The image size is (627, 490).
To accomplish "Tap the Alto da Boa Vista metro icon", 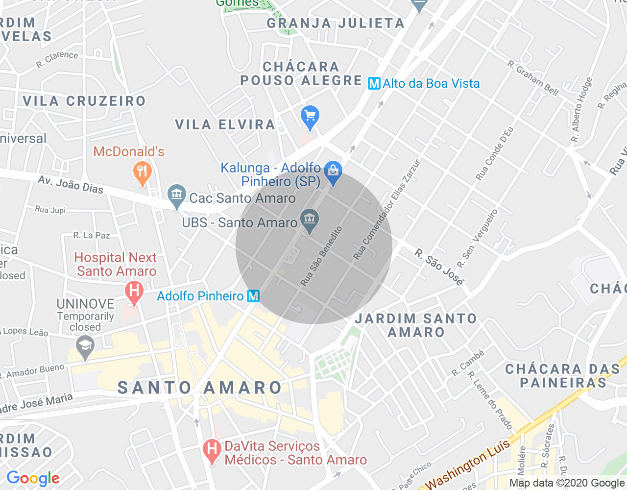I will click(374, 84).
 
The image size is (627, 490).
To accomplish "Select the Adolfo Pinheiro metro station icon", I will click(253, 296).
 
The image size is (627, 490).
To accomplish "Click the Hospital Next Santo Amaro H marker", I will click(134, 291).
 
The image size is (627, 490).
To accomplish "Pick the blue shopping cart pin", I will click(310, 117).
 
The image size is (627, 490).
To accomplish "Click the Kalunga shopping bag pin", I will click(333, 171).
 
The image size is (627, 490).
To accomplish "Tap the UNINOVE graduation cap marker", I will click(85, 346).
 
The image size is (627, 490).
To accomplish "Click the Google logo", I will click(33, 478).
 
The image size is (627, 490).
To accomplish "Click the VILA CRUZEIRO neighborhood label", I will click(84, 101).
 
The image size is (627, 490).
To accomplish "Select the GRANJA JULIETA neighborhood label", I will click(336, 23).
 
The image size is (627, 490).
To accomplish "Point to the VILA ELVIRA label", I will click(225, 125).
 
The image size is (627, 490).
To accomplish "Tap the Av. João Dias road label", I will click(71, 185).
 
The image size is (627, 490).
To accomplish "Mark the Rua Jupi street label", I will click(50, 210).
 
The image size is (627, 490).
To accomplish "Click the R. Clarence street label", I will click(57, 59).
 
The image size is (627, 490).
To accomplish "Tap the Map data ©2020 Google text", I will click(567, 483).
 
